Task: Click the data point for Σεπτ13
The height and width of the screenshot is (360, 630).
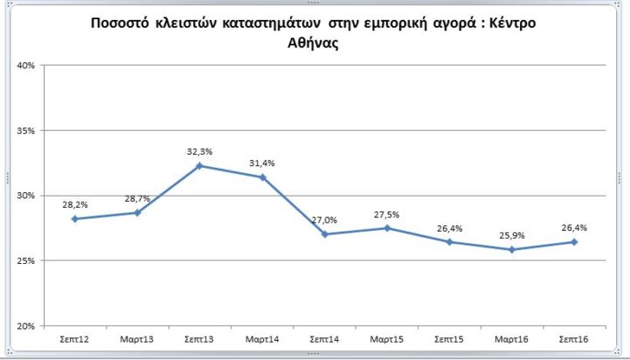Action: click(199, 165)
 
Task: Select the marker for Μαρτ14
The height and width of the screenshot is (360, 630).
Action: click(262, 177)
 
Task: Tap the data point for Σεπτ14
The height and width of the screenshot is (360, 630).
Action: click(325, 234)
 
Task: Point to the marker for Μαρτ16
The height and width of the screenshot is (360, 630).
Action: click(512, 249)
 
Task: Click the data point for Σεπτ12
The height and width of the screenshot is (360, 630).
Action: click(75, 218)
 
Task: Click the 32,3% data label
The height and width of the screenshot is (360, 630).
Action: click(199, 150)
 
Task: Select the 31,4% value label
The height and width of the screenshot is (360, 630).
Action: click(262, 163)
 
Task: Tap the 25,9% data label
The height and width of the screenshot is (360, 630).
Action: click(512, 234)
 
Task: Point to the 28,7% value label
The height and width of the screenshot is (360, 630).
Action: click(137, 197)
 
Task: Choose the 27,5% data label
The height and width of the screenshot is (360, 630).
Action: click(387, 213)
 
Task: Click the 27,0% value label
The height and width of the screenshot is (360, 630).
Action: click(325, 219)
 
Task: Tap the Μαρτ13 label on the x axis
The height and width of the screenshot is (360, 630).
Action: click(137, 337)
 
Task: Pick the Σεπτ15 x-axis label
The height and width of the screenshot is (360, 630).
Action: click(449, 337)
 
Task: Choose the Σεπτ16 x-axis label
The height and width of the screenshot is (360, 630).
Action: click(574, 337)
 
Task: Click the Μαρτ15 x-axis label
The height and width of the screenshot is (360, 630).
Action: click(387, 337)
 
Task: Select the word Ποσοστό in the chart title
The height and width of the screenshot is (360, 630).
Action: click(123, 23)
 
